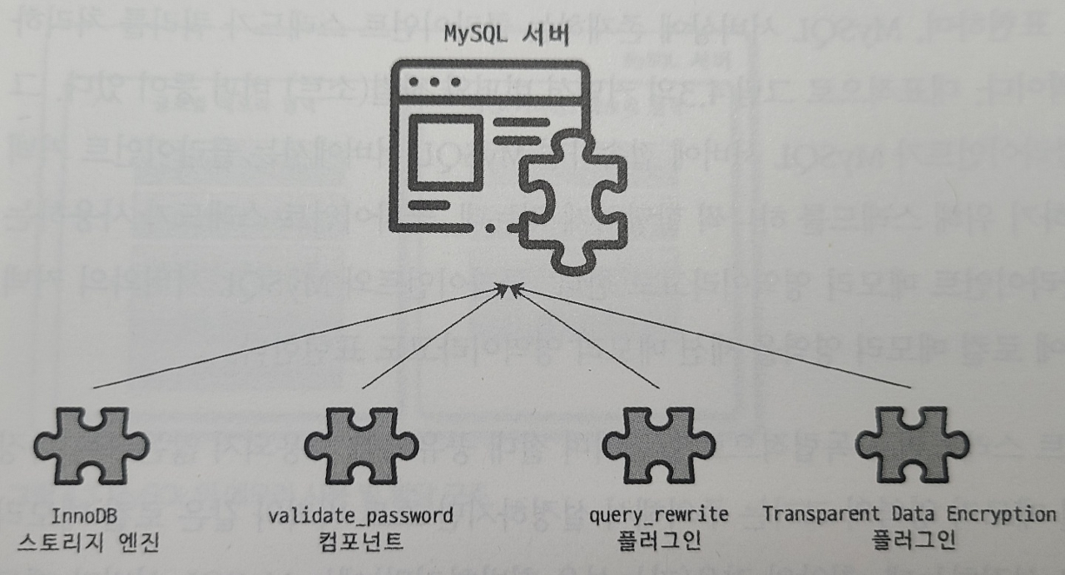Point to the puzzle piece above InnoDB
coord(92,446)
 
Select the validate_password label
coord(360,515)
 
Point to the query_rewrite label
coord(658,515)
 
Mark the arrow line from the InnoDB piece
coord(291,338)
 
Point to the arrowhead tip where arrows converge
coord(508,286)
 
